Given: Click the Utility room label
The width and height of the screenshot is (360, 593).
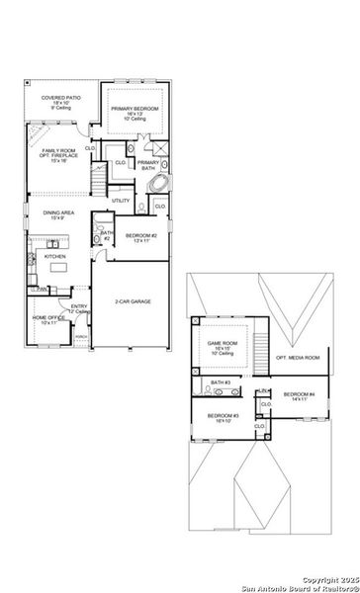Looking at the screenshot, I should pos(121,201).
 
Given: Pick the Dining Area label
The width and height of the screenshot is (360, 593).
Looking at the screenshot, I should pos(56,214).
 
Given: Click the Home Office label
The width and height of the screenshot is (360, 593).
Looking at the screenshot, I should pos(49,319).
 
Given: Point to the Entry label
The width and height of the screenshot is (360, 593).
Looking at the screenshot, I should pos(80,308).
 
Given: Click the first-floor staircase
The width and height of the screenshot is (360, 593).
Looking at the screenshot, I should pos(98,181).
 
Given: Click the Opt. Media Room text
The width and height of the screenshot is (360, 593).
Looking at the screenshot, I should pos(296,357).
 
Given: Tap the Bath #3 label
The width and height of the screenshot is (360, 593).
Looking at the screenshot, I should pos(220,381).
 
